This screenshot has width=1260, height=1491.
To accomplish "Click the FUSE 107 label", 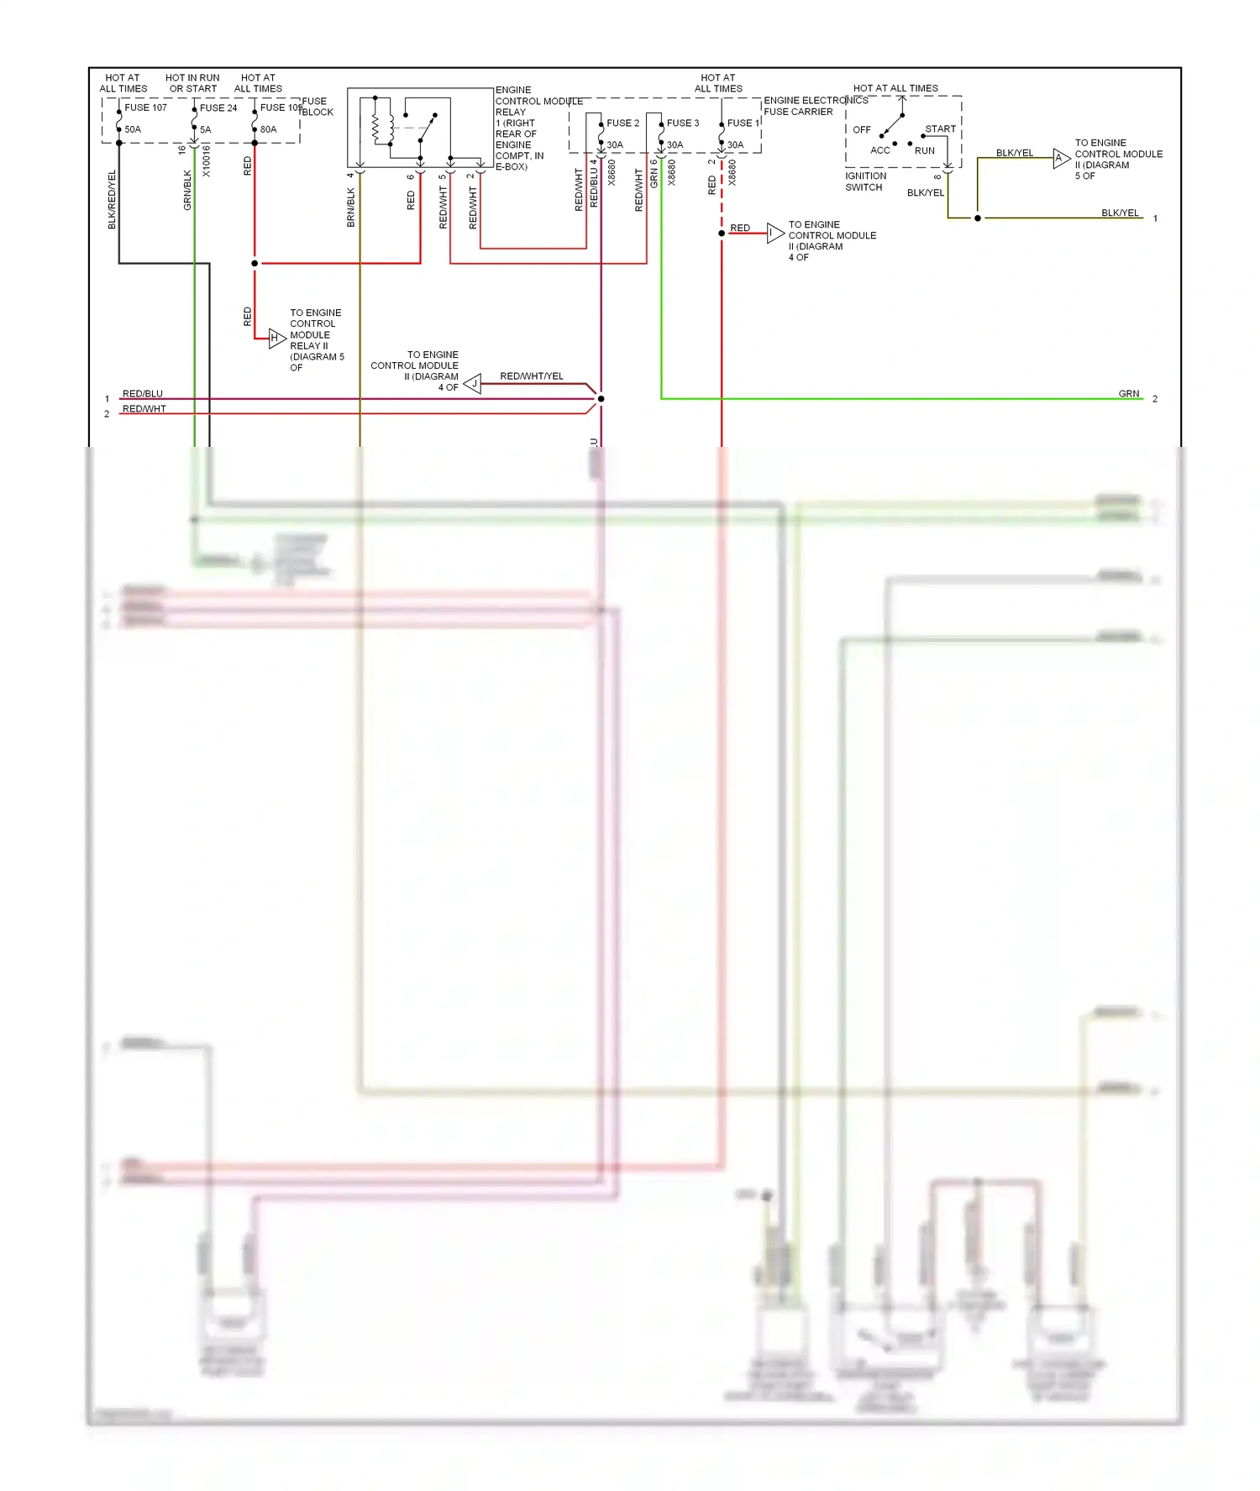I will (145, 108).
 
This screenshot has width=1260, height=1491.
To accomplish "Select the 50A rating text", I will (133, 129).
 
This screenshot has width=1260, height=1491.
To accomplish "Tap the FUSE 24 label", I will (218, 108).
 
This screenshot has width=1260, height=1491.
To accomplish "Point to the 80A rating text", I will (268, 129).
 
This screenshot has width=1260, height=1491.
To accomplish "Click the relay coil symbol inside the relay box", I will (376, 129).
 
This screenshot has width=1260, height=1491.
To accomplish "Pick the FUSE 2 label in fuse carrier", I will (622, 123).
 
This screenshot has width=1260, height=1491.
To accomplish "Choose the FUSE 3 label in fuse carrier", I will (682, 123).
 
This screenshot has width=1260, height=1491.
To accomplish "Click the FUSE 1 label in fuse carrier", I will (742, 123).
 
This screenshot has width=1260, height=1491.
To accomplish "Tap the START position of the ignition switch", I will (940, 129).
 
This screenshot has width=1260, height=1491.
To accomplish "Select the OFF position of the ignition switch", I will (862, 130).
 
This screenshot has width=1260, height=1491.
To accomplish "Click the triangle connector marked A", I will (1061, 158).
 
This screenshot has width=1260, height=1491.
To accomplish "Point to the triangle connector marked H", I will (276, 338).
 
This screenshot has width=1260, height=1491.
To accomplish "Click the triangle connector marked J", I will (473, 384).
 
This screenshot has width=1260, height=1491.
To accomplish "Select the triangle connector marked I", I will (774, 233).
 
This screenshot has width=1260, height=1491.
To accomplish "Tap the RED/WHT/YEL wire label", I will (531, 376).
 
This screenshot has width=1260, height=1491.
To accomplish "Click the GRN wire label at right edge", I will (1128, 393).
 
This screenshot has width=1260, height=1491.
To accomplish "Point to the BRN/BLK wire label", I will (351, 207).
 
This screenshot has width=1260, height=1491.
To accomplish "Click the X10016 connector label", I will (207, 160).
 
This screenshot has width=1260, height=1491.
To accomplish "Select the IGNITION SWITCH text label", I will (864, 181).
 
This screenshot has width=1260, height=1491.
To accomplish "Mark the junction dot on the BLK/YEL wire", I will (977, 218).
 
